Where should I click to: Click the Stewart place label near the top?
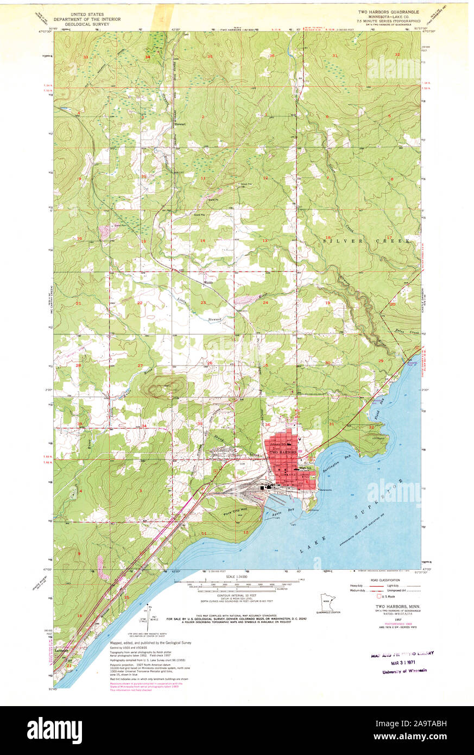point(180,124)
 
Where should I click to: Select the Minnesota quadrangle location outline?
point(326,602)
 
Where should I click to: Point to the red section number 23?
point(203,303)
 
